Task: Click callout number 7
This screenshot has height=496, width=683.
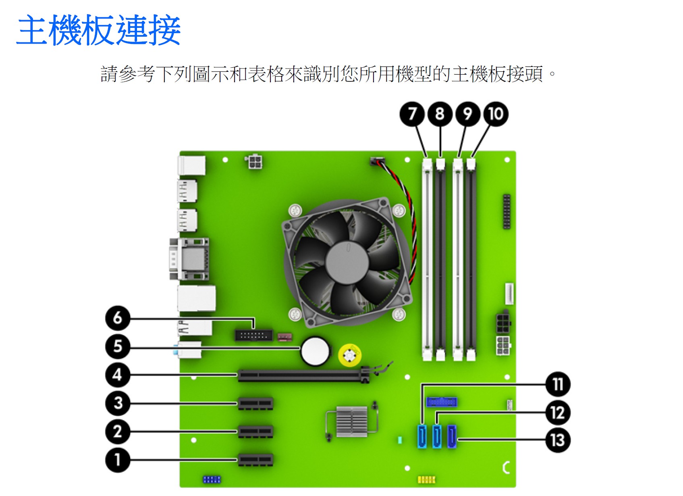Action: point(412,114)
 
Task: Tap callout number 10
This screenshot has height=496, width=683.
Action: point(496,114)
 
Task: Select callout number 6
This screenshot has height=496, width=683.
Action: point(118,318)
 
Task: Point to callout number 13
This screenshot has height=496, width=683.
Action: point(558,440)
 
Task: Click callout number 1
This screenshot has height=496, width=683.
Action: point(118,460)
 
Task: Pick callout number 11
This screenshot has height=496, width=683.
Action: point(558,384)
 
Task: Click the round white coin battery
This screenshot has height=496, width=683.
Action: point(315,351)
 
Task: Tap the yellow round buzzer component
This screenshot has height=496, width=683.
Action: point(349,355)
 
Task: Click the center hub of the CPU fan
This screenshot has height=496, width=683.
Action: point(347,263)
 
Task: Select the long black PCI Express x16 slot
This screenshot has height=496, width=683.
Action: point(304,375)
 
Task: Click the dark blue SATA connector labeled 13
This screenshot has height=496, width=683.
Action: point(452,436)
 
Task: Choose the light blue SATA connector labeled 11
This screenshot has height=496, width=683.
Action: point(422,436)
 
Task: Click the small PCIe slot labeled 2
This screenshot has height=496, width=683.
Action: point(255,431)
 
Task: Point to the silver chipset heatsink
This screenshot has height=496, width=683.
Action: point(351,421)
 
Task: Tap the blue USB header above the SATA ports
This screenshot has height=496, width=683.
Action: point(442,402)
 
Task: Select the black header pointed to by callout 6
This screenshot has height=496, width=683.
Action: point(253,336)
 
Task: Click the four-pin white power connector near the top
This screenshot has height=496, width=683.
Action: point(254,162)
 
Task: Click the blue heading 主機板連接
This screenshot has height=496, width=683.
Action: point(98,29)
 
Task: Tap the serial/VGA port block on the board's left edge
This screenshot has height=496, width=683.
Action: point(189,259)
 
